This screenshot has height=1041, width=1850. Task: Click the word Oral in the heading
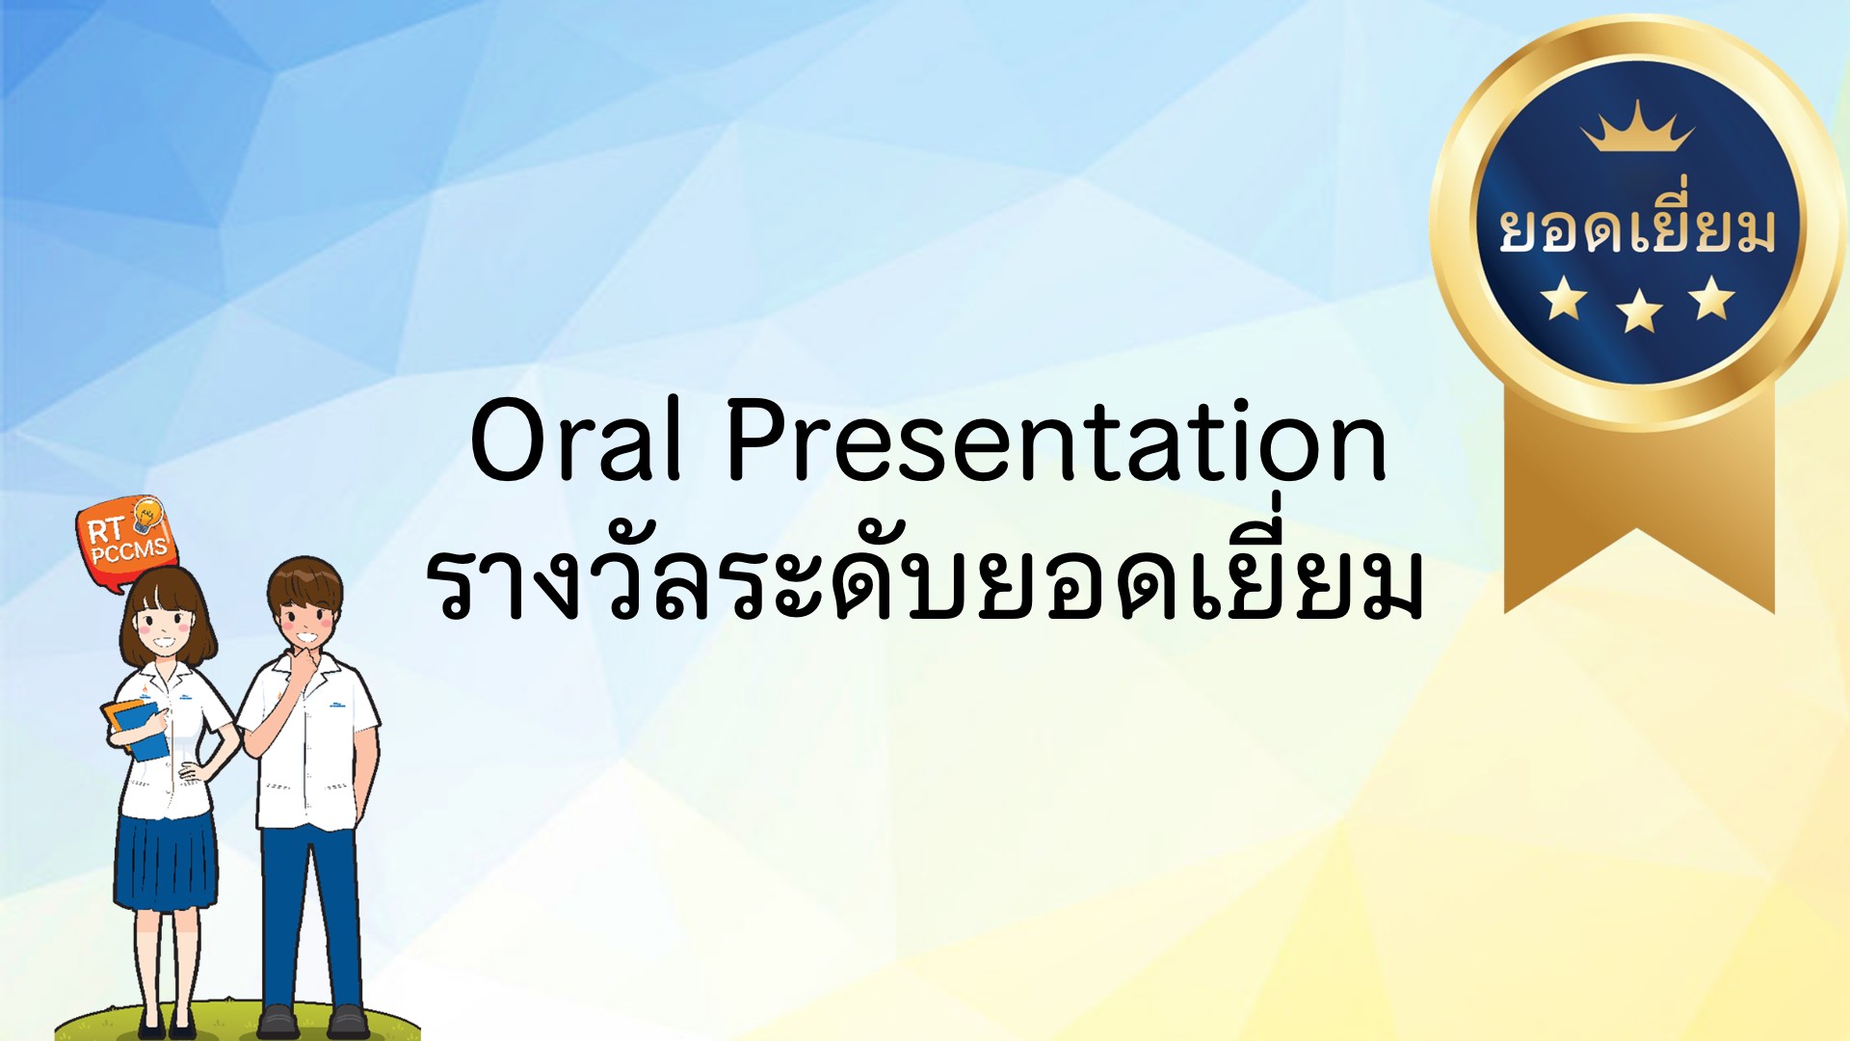(576, 440)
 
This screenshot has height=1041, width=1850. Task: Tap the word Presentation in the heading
(1057, 440)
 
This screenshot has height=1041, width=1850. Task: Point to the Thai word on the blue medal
(1637, 225)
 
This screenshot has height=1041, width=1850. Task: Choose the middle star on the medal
(1639, 310)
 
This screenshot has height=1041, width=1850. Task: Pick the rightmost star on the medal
(1712, 297)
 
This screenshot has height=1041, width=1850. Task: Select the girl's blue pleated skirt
(165, 863)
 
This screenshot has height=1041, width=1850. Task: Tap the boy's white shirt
(308, 742)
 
